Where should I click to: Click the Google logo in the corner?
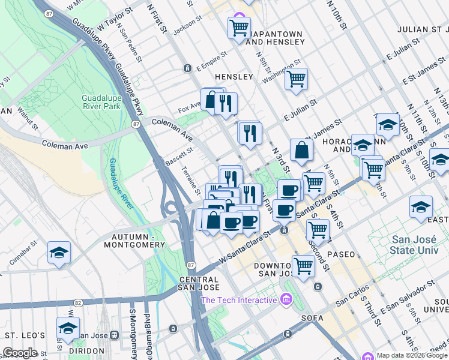coord(20,353)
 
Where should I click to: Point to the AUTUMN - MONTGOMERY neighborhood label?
coord(134,241)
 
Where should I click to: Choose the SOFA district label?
coord(314,318)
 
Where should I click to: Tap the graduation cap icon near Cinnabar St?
coord(59,253)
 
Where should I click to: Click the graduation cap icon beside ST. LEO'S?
coord(68,329)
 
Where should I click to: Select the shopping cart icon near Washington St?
coord(296,79)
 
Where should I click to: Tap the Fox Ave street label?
coord(188,110)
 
